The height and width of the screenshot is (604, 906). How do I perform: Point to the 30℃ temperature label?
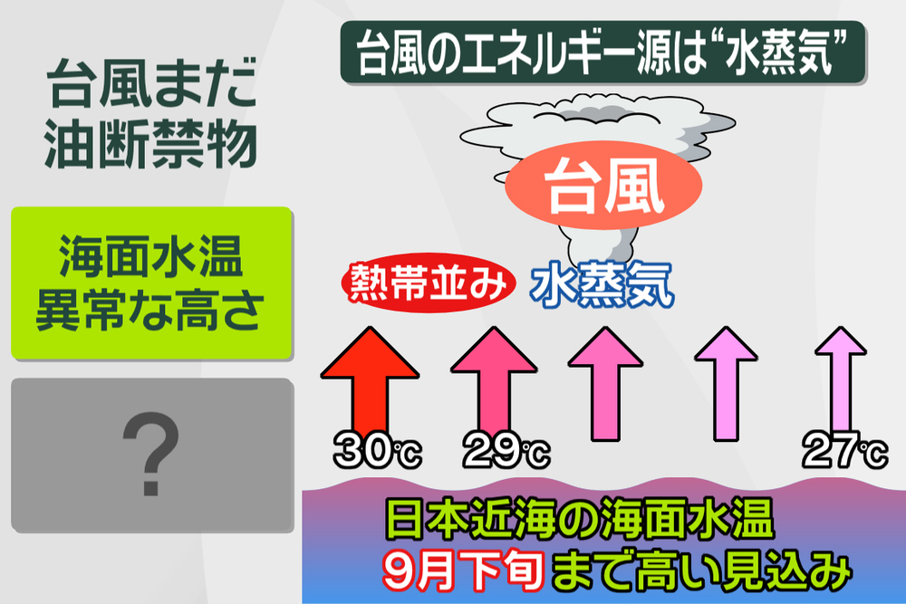377,450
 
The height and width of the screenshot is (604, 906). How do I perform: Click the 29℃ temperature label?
506,450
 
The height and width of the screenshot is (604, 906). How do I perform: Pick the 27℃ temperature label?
845,450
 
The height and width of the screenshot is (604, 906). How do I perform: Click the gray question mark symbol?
150,454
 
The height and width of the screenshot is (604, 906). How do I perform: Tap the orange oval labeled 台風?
603,186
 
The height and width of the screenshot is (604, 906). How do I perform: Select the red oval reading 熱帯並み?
429,283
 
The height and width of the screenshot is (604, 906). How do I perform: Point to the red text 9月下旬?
462,570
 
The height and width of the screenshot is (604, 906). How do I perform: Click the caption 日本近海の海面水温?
579,519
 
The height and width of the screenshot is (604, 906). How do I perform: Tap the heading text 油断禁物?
150,144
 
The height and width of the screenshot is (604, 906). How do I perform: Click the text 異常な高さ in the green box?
150,310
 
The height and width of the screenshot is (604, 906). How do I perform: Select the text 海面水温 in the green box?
150,256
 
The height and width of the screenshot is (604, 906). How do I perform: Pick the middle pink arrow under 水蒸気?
605,383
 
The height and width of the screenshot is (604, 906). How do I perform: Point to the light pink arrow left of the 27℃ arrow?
726,383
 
